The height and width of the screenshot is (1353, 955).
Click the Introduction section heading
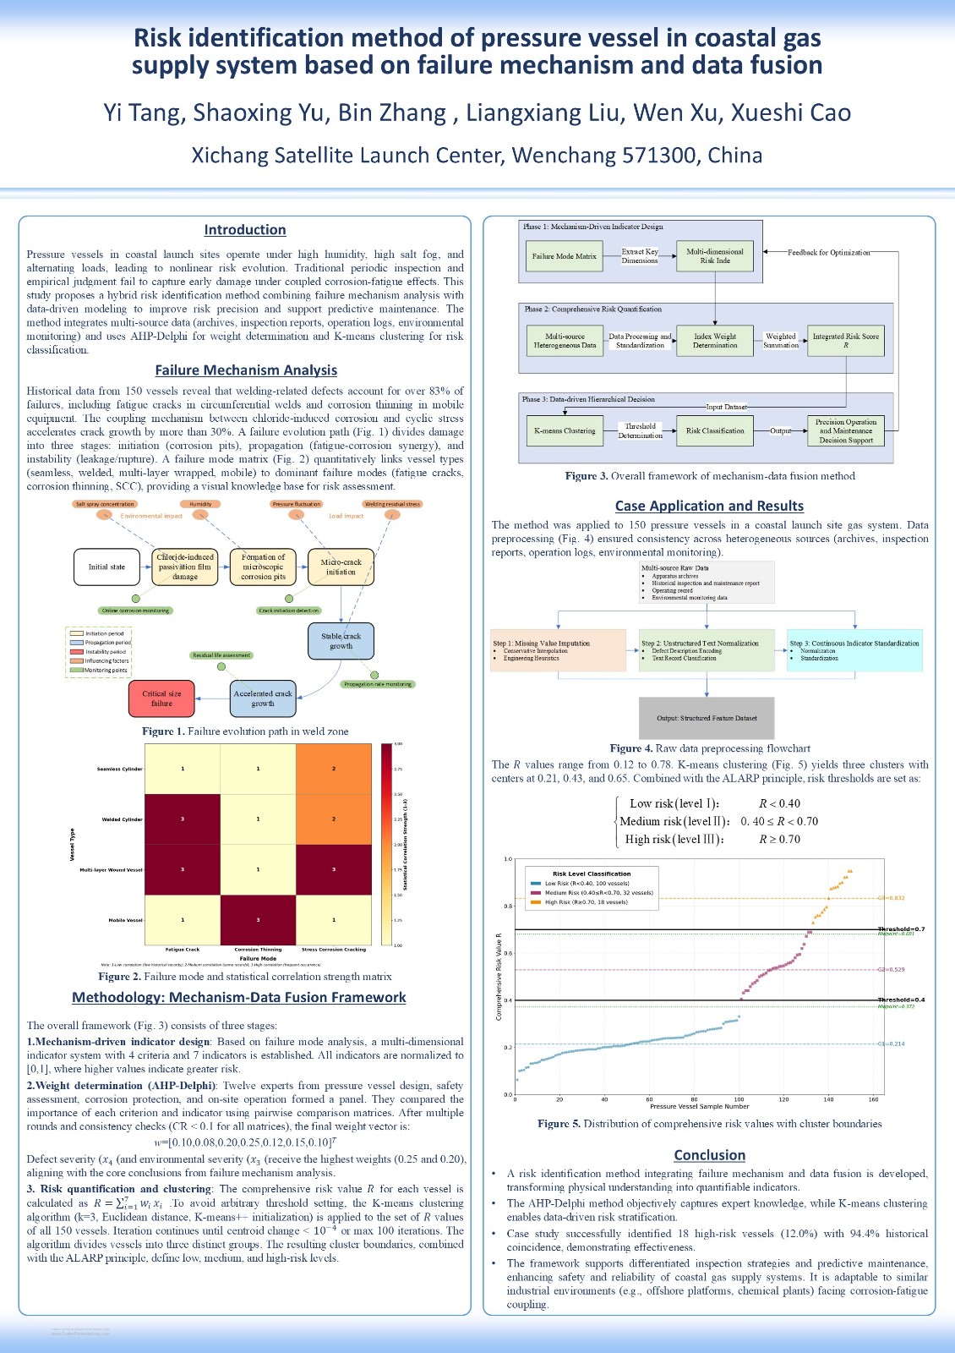(x=245, y=230)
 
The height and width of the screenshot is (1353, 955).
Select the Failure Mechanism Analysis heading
(x=246, y=370)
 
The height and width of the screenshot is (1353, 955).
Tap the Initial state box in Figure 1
(x=106, y=567)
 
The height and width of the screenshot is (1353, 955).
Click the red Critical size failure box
(x=161, y=698)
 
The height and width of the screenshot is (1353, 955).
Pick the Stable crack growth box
(x=341, y=641)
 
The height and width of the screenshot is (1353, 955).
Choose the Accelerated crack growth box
(x=263, y=698)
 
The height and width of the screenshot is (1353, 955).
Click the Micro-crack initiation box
(x=341, y=567)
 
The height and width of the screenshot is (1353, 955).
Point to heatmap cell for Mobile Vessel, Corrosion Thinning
(x=258, y=920)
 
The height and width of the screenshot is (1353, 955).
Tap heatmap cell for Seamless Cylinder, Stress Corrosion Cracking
(x=334, y=769)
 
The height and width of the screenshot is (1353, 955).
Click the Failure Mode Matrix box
(x=564, y=256)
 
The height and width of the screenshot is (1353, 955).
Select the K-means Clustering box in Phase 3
(x=565, y=430)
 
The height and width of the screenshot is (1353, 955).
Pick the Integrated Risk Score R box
(x=845, y=341)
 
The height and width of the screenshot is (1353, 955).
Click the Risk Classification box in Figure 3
(x=715, y=430)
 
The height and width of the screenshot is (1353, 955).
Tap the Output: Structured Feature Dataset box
(x=707, y=718)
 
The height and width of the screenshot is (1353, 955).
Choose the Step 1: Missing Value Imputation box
(x=558, y=650)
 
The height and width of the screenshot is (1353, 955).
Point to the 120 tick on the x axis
(x=783, y=1099)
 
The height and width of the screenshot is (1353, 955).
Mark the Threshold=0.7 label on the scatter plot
(x=901, y=929)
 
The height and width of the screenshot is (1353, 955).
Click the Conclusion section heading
(x=709, y=1155)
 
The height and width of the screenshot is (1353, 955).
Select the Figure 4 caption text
(x=710, y=748)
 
